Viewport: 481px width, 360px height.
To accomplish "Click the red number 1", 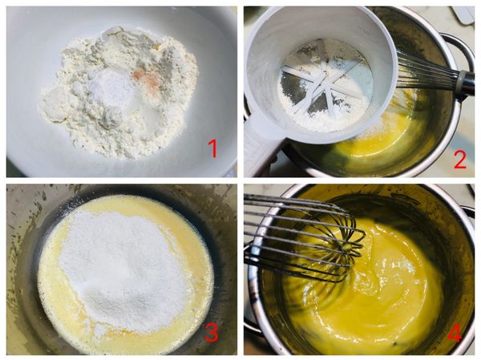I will (x=212, y=148).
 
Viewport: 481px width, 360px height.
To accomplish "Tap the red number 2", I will (x=459, y=158).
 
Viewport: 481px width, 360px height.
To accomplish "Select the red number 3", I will (x=211, y=331).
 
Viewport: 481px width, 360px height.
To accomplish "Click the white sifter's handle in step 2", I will (x=258, y=148).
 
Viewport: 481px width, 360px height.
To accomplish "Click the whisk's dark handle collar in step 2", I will (x=463, y=81).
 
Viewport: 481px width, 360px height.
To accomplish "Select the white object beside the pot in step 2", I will (x=463, y=14).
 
